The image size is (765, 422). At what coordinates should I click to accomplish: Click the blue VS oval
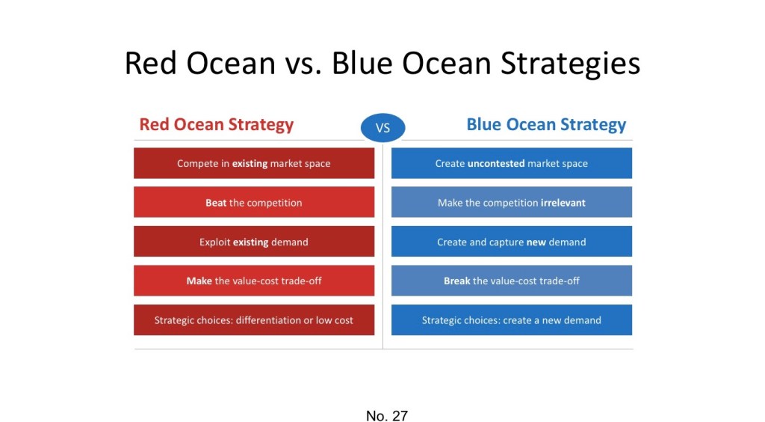pos(382,128)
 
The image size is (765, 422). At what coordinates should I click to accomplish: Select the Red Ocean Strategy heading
pos(216,124)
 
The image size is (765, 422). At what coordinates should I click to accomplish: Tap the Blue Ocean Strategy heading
pos(546,124)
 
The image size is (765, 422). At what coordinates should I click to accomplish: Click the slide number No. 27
pos(386,416)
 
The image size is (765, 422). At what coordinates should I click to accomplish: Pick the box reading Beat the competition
pos(254,202)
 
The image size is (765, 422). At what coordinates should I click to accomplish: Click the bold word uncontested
pos(496,164)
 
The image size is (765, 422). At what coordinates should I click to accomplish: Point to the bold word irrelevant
pos(563,203)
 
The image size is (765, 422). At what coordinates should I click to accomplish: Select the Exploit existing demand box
pos(254,241)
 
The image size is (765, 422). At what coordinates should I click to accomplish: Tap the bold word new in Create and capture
pos(536,242)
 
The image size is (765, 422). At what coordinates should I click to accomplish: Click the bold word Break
pos(457,281)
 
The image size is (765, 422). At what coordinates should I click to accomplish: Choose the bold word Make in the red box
pos(199,281)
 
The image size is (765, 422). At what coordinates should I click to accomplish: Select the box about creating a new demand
pos(511,320)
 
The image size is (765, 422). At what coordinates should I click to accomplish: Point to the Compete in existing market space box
pos(254,163)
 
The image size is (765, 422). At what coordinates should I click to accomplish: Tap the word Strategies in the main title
pos(570,64)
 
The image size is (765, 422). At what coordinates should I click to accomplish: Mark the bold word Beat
pos(216,203)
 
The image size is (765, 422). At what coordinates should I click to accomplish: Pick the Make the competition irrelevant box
pos(511,202)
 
